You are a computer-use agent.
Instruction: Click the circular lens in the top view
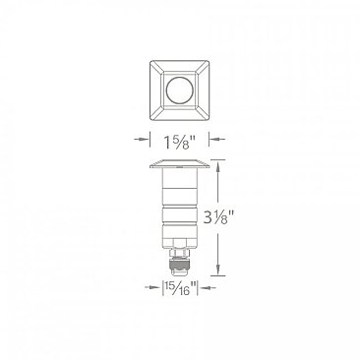pyautogui.click(x=180, y=94)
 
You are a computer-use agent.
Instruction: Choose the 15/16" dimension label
pyautogui.click(x=180, y=288)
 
